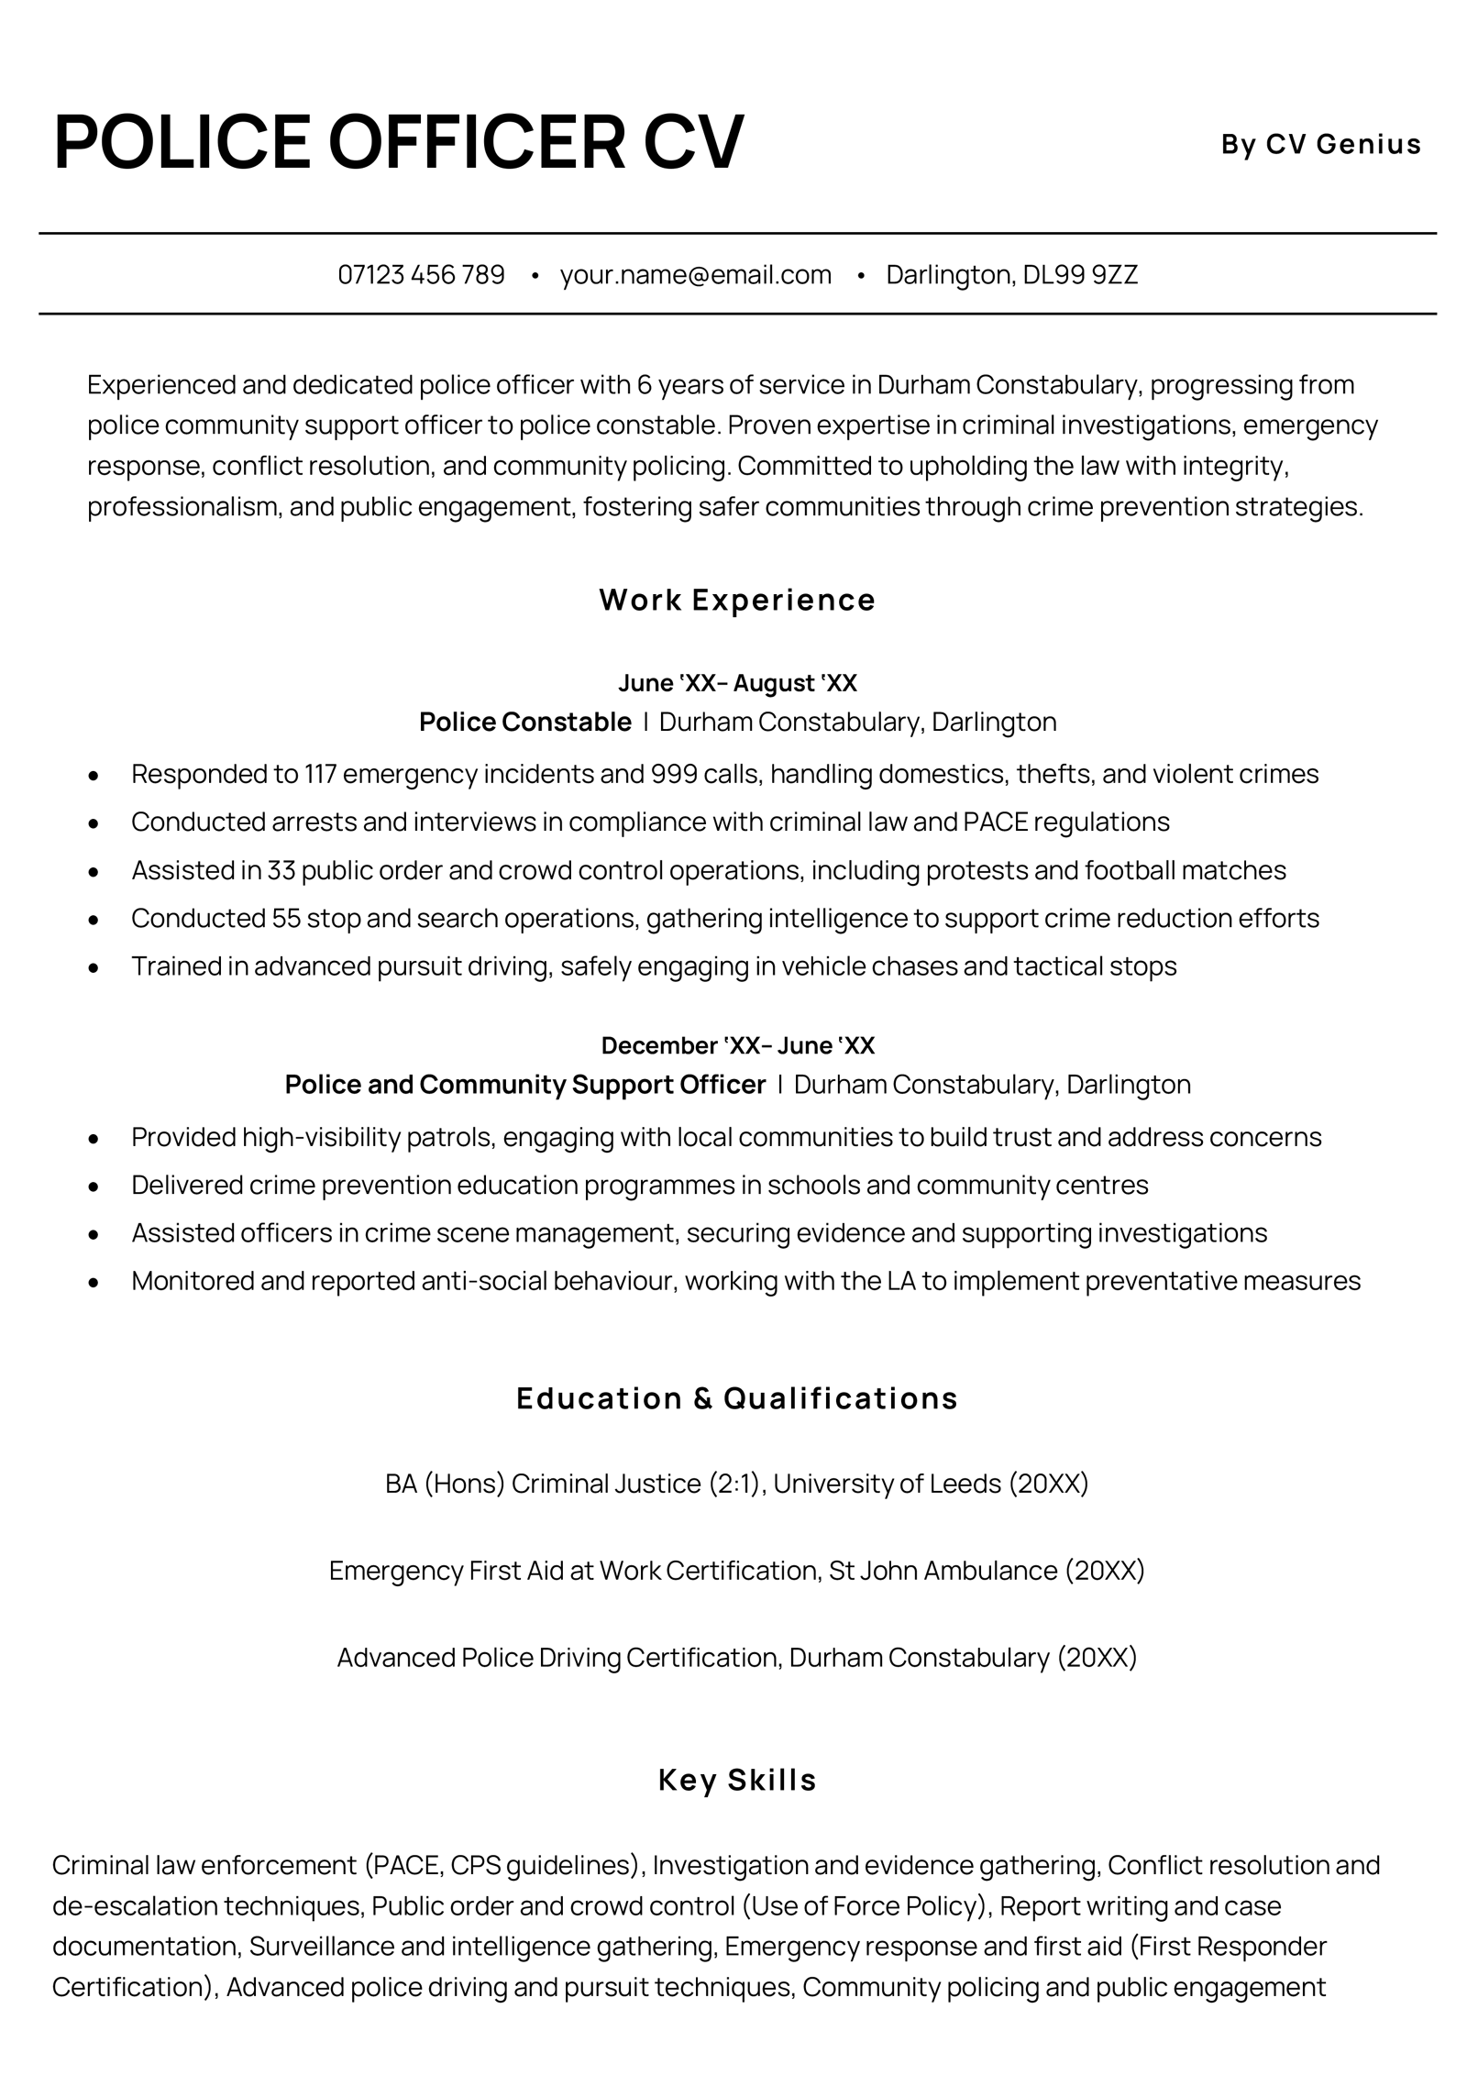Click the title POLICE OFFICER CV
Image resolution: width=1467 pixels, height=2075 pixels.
coord(398,142)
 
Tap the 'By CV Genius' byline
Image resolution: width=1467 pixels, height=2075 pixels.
coord(1320,144)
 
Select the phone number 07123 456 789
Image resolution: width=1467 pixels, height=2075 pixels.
coord(421,274)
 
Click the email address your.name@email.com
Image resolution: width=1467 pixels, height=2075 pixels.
coord(695,274)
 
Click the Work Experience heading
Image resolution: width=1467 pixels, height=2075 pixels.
coord(737,600)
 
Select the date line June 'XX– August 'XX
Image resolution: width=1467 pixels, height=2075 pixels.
coord(737,683)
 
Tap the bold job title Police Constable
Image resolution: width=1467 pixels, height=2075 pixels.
coord(524,723)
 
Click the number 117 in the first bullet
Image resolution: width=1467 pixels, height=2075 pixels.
coord(320,774)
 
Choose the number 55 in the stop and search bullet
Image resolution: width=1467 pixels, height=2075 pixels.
coord(286,918)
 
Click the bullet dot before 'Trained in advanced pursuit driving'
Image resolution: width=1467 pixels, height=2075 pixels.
coord(93,966)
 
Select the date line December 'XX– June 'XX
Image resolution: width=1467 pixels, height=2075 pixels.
coord(737,1045)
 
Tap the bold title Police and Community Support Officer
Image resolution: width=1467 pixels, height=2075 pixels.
coord(524,1085)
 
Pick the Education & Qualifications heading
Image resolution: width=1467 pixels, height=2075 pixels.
coord(737,1398)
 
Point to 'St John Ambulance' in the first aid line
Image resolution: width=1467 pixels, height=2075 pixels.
coord(943,1571)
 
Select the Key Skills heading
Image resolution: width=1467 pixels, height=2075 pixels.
coord(737,1780)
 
